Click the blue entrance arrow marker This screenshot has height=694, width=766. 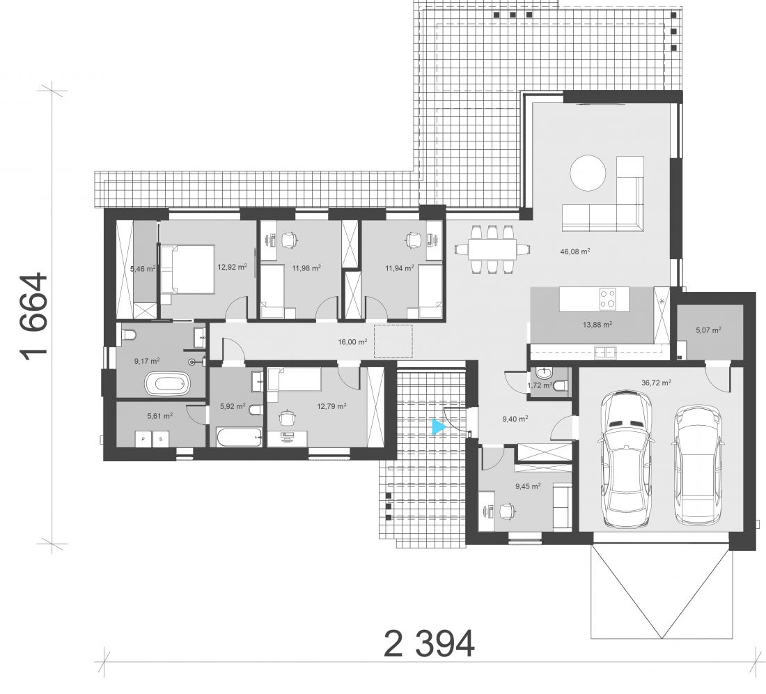pyautogui.click(x=438, y=427)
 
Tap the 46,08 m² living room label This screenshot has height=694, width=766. pyautogui.click(x=575, y=252)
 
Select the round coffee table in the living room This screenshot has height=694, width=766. pyautogui.click(x=588, y=173)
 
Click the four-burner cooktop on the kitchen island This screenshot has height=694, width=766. pyautogui.click(x=608, y=299)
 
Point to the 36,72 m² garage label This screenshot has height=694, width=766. pyautogui.click(x=655, y=383)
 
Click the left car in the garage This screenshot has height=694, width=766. pyautogui.click(x=626, y=459)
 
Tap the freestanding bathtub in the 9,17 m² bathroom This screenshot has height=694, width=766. pyautogui.click(x=167, y=384)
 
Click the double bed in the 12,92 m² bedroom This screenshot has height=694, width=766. pyautogui.click(x=187, y=269)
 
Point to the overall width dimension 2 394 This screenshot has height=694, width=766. pyautogui.click(x=429, y=644)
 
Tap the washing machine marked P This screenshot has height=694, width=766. pyautogui.click(x=143, y=439)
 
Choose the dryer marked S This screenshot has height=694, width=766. pyautogui.click(x=161, y=439)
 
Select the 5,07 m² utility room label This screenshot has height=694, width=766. pyautogui.click(x=708, y=330)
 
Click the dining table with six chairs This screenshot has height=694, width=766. pyautogui.click(x=492, y=249)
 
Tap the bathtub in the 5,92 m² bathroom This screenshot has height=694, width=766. pyautogui.click(x=239, y=437)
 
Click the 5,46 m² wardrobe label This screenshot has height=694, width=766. pyautogui.click(x=143, y=268)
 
